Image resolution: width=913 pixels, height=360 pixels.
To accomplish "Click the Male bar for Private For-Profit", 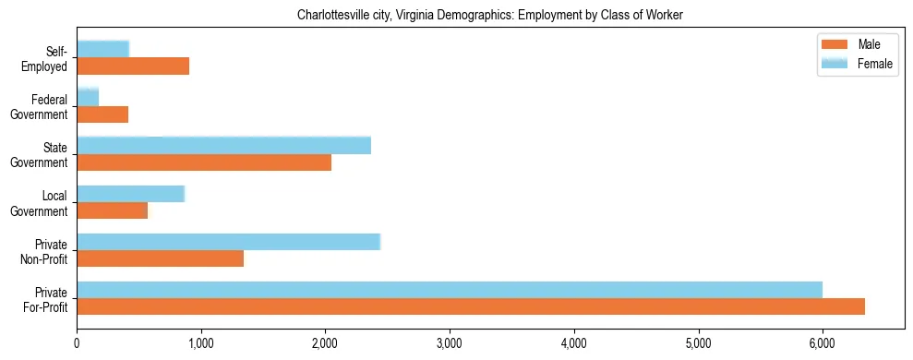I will pyautogui.click(x=471, y=306).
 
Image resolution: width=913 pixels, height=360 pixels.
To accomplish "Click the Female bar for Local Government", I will pyautogui.click(x=130, y=194).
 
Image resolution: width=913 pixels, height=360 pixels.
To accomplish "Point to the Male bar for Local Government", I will pyautogui.click(x=112, y=210).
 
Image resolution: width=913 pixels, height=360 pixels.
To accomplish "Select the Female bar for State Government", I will pyautogui.click(x=223, y=146).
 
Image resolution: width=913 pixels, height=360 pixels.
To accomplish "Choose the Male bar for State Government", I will pyautogui.click(x=204, y=162).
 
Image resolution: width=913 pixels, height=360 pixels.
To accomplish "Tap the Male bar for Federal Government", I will pyautogui.click(x=102, y=114).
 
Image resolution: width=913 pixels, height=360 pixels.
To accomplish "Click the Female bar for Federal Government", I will pyautogui.click(x=88, y=98).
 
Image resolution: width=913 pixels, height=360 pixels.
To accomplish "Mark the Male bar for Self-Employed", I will pyautogui.click(x=133, y=66).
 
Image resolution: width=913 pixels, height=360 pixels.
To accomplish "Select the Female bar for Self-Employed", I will pyautogui.click(x=102, y=49).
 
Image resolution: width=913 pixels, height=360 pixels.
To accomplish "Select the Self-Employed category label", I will pyautogui.click(x=49, y=58).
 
